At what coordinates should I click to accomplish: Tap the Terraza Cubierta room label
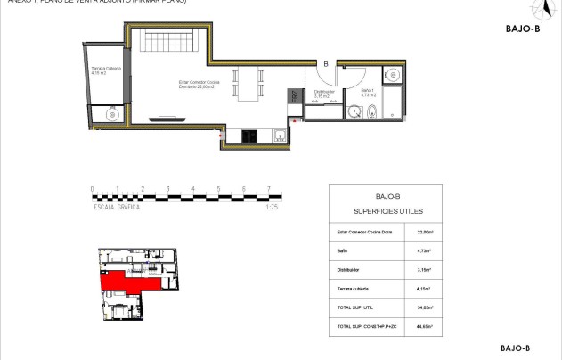pyautogui.click(x=106, y=71)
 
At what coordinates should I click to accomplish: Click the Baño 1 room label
pyautogui.click(x=369, y=92)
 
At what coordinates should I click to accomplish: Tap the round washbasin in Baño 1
pyautogui.click(x=354, y=111)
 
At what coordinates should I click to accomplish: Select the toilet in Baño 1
pyautogui.click(x=373, y=111)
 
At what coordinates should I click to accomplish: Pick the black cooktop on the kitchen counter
pyautogui.click(x=250, y=135)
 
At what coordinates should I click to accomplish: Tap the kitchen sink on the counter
pyautogui.click(x=280, y=135)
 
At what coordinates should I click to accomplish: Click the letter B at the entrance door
pyautogui.click(x=326, y=63)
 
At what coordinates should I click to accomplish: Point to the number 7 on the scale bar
pyautogui.click(x=269, y=189)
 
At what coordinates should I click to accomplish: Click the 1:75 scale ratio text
pyautogui.click(x=273, y=207)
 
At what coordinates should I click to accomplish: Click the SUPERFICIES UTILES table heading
pyautogui.click(x=388, y=211)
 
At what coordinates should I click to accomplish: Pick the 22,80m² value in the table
pyautogui.click(x=425, y=233)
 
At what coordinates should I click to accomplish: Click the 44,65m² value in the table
pyautogui.click(x=425, y=327)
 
